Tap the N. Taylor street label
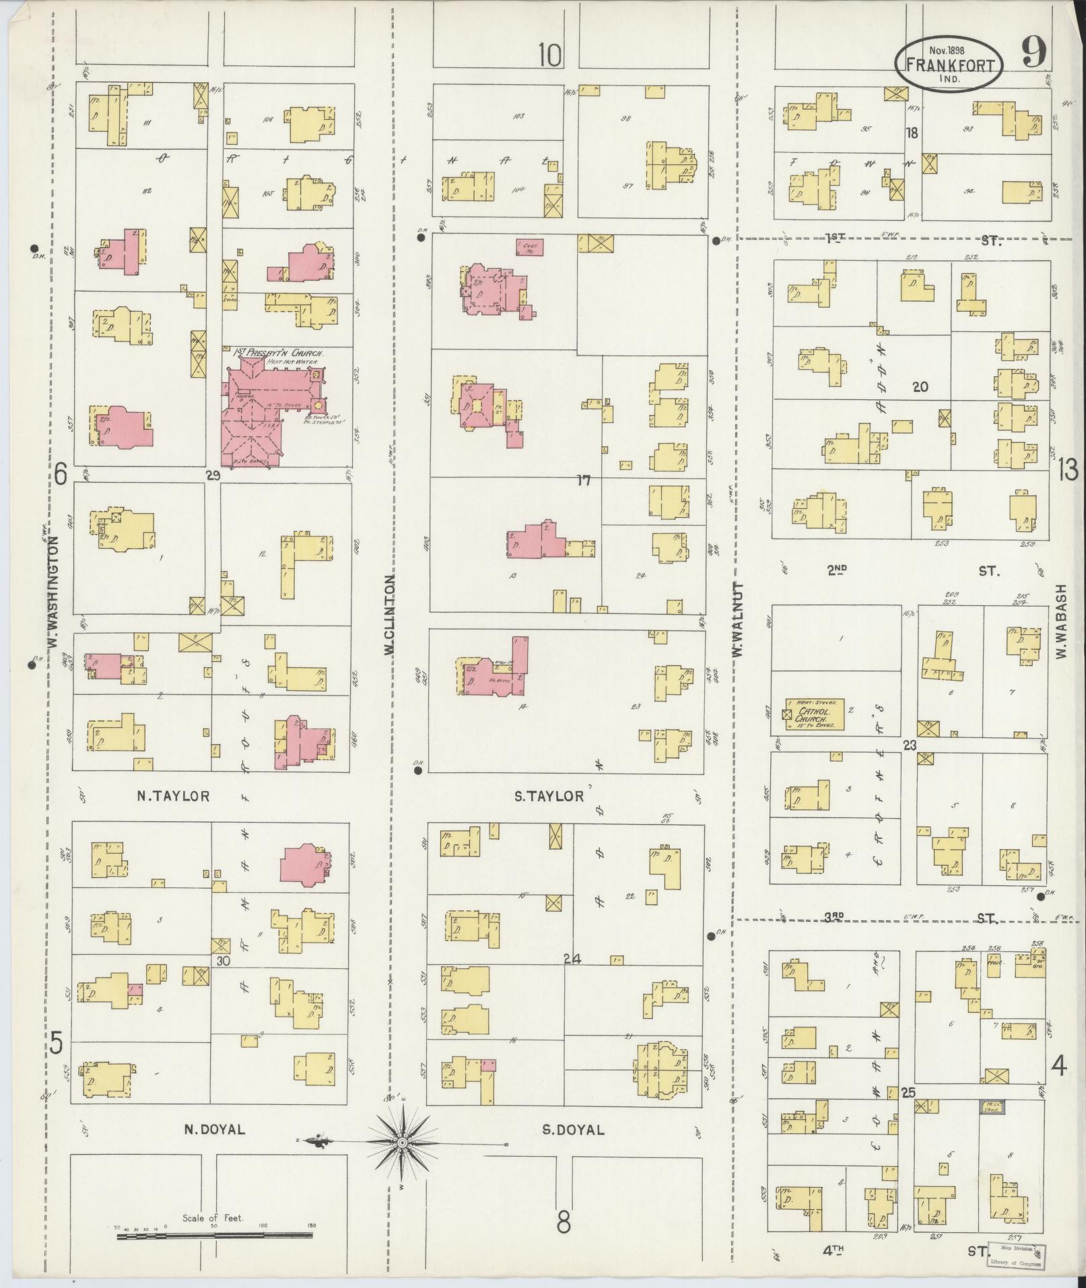[x=174, y=796]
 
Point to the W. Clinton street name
[x=389, y=619]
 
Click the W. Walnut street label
[x=738, y=620]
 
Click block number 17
[x=583, y=480]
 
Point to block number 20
[x=920, y=386]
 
